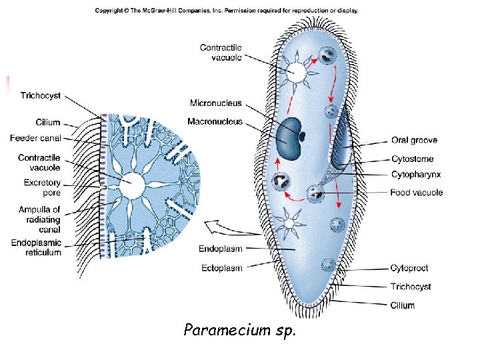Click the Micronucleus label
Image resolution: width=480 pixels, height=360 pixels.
coord(216,103)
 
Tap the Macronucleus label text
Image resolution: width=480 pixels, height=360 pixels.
coord(215,122)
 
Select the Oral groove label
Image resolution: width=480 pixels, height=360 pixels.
coord(413,141)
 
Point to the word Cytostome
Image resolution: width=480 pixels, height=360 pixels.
coord(411,159)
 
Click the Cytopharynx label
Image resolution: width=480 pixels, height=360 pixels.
coord(415,175)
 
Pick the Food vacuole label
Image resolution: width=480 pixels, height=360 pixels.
coord(416,193)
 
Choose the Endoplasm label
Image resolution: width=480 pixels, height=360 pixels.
coord(220,249)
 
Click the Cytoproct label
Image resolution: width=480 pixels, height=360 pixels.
coord(409,268)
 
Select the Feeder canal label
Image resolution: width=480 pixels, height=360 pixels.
coord(35,138)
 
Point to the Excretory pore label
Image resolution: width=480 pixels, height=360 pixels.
coord(42,187)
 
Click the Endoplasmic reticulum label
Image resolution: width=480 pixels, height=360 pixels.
coord(36,247)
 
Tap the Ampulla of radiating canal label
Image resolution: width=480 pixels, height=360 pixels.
coord(39,219)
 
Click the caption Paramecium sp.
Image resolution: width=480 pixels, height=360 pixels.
coord(239,330)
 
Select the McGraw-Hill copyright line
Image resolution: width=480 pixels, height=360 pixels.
coord(226,11)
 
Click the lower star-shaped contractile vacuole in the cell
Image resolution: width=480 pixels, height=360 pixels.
coord(290,223)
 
